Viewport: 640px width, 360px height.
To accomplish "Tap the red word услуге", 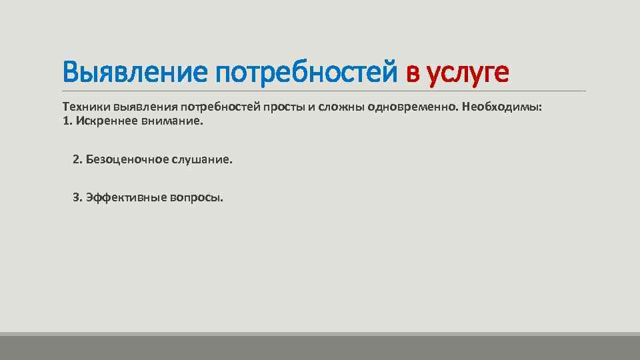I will (467, 73).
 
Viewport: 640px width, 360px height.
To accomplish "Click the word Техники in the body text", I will (86, 107).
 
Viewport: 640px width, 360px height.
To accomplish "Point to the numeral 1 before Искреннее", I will (65, 121).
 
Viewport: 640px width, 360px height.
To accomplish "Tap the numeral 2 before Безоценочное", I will (76, 160).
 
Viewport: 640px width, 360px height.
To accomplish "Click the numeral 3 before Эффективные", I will (76, 198).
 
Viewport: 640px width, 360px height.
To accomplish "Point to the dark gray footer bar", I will (320, 348).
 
